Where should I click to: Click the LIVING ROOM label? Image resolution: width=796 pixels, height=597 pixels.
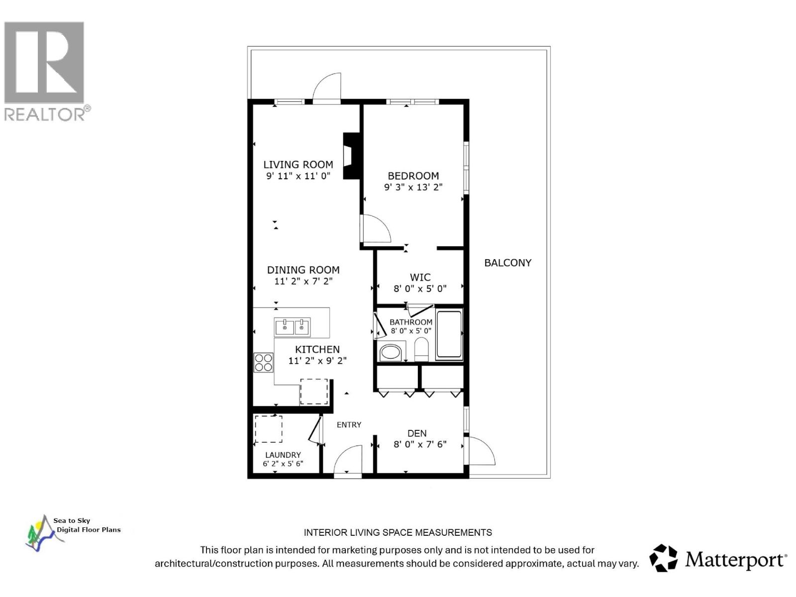(298, 164)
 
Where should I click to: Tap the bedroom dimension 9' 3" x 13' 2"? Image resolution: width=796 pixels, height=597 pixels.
(413, 187)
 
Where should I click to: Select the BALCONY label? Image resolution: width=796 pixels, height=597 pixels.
(507, 263)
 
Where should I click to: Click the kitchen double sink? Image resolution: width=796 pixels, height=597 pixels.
(293, 327)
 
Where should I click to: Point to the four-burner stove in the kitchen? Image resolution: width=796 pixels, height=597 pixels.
(263, 362)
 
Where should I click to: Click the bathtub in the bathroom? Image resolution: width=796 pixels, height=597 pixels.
(449, 334)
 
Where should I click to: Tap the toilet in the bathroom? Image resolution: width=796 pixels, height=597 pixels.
(421, 349)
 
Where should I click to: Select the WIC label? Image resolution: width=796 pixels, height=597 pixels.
(420, 277)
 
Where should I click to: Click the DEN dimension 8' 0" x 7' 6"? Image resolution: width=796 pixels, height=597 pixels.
(420, 444)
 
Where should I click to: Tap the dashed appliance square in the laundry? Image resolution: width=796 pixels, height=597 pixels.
(269, 429)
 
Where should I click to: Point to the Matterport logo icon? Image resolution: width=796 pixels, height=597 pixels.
(664, 558)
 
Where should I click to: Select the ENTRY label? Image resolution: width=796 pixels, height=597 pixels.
(349, 424)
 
